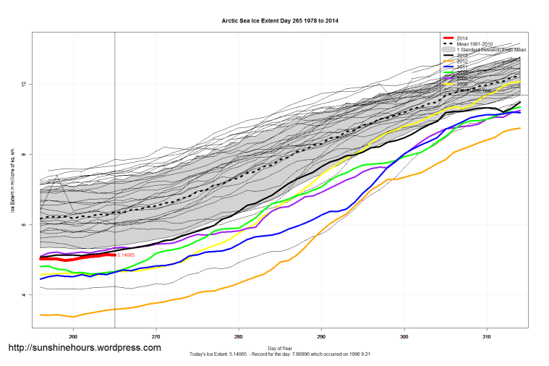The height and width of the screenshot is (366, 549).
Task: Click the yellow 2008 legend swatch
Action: [x=448, y=84]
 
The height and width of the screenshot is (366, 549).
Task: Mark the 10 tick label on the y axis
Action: [x=24, y=84]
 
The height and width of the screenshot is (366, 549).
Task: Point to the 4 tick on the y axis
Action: [x=24, y=295]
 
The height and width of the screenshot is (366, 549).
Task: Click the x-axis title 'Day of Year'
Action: [x=280, y=349]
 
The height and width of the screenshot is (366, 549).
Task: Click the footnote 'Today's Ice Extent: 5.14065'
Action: [x=217, y=354]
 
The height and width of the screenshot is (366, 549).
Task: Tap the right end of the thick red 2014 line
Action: [x=114, y=254]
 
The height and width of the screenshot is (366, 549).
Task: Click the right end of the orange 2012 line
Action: [x=519, y=128]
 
